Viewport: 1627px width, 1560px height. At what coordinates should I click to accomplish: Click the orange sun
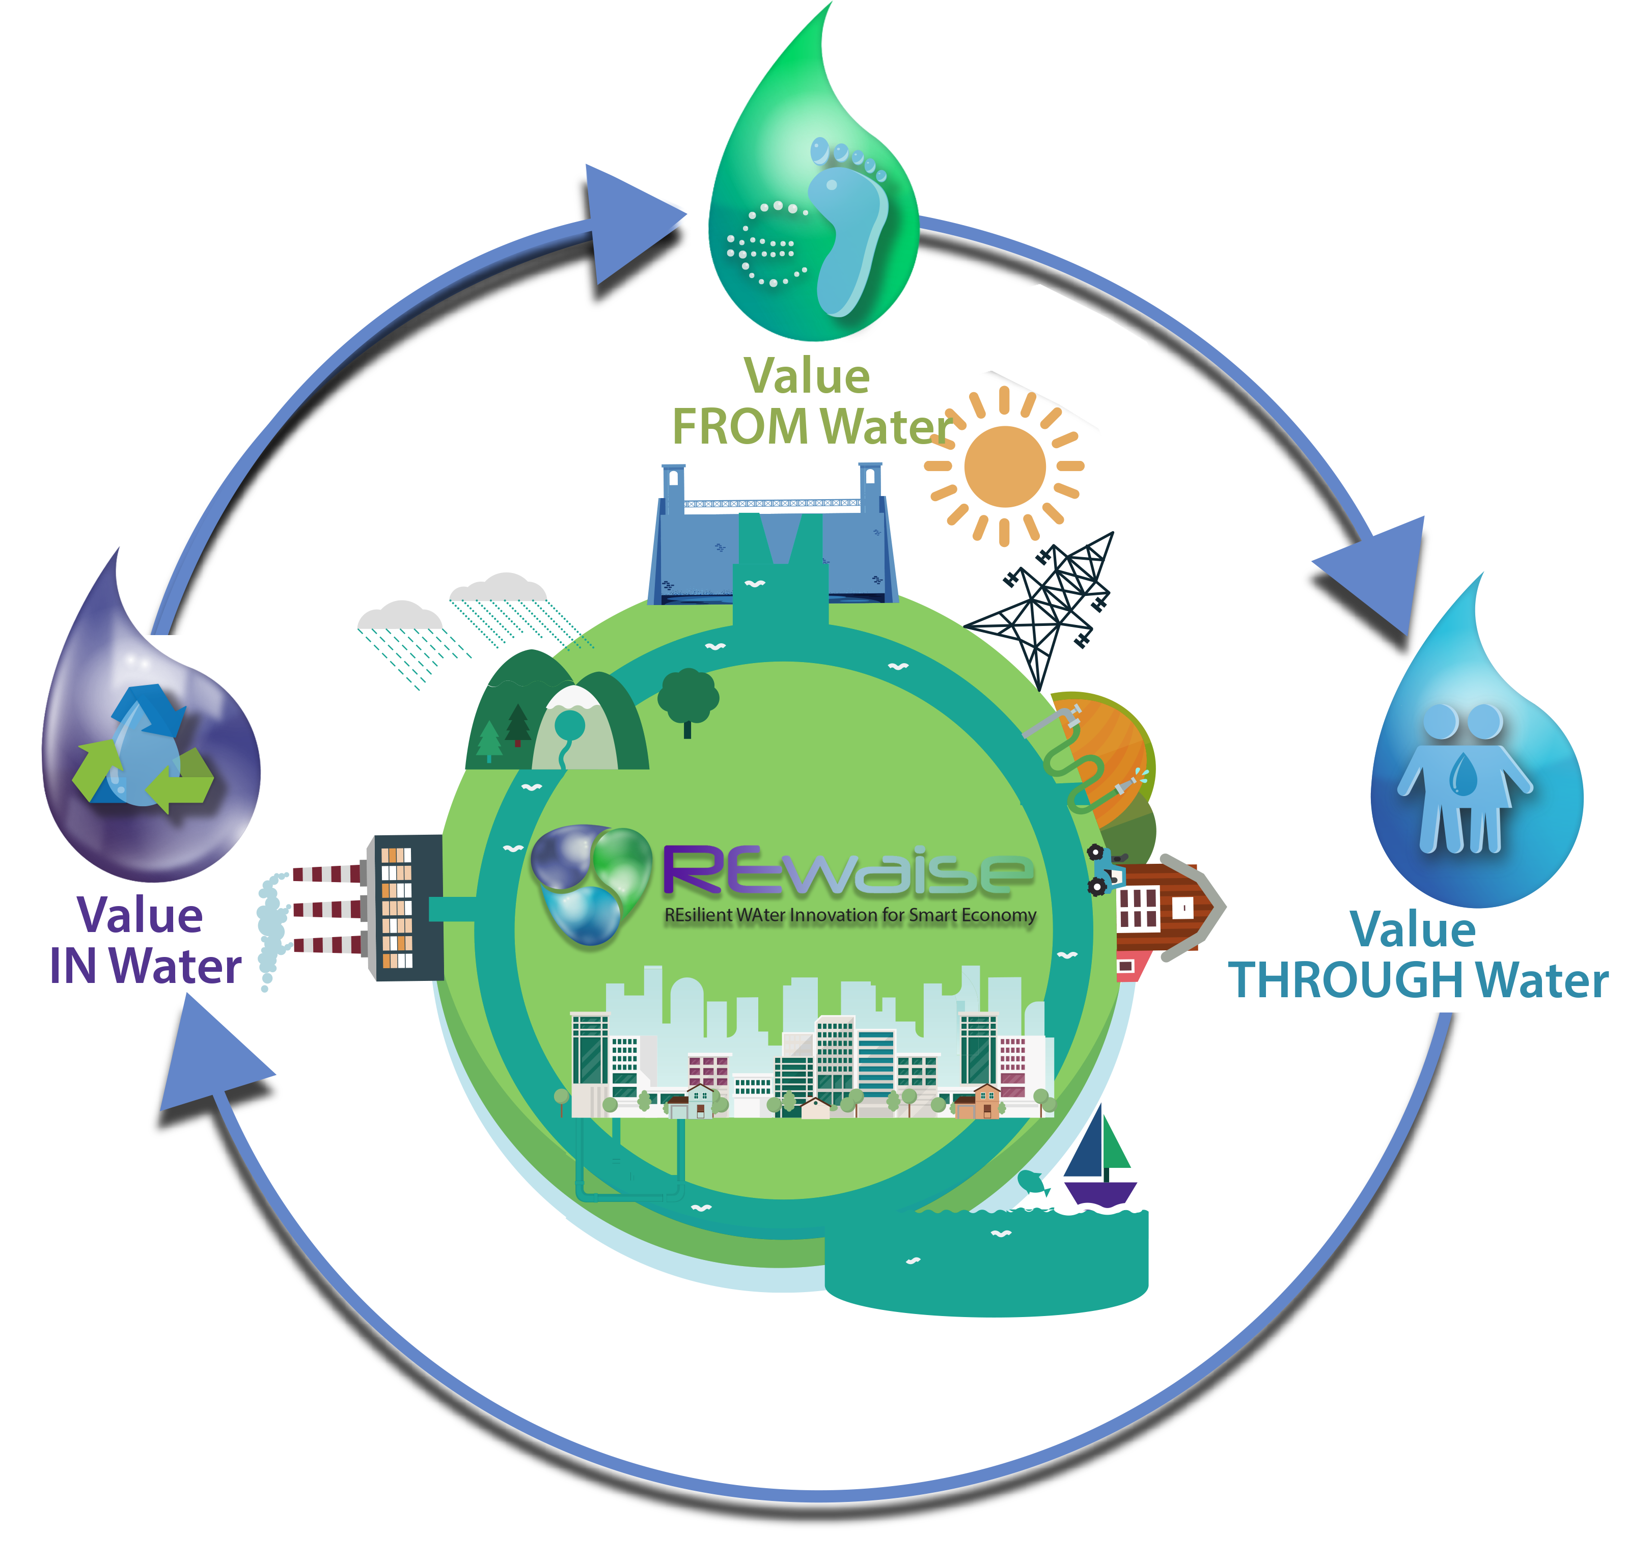[x=1004, y=467]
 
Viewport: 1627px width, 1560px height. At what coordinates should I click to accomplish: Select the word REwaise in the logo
[x=847, y=872]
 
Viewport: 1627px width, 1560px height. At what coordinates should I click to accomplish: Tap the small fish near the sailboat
[x=1032, y=1180]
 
